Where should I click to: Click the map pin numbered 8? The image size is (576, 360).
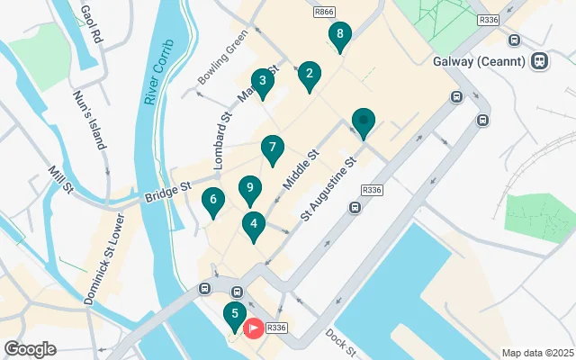click(338, 36)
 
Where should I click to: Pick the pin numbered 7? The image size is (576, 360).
click(273, 148)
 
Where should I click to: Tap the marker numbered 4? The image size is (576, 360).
click(254, 226)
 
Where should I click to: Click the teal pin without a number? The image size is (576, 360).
click(363, 121)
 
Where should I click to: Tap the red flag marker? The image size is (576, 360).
click(255, 328)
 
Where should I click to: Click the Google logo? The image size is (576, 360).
click(30, 349)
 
